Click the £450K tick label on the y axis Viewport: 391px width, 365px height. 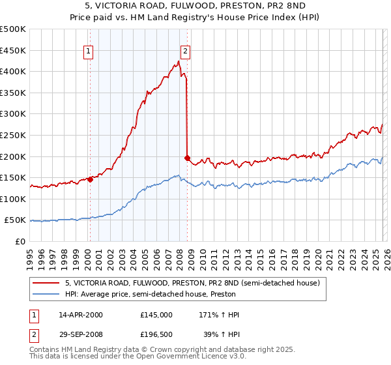[13, 50]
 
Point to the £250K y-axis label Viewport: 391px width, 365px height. [13, 135]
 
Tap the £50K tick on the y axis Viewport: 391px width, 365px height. [16, 220]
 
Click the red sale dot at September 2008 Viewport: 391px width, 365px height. [187, 158]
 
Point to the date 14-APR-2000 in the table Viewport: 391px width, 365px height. [81, 314]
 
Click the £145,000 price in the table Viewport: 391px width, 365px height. [156, 314]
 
